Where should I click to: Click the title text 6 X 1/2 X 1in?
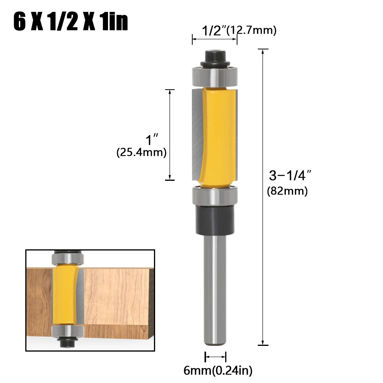tap(70, 23)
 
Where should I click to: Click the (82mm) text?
tap(287, 191)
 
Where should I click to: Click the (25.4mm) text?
tap(141, 152)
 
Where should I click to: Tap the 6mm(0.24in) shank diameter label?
tap(218, 370)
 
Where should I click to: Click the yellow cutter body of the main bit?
tap(218, 136)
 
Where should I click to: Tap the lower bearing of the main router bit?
tap(215, 195)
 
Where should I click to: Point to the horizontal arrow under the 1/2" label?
tap(214, 39)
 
